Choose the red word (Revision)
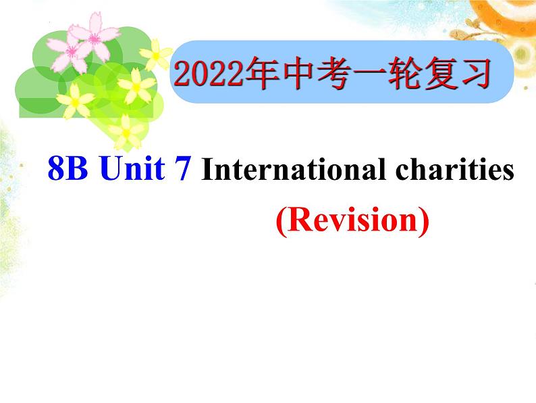click(352, 220)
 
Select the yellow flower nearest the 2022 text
click(159, 54)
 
